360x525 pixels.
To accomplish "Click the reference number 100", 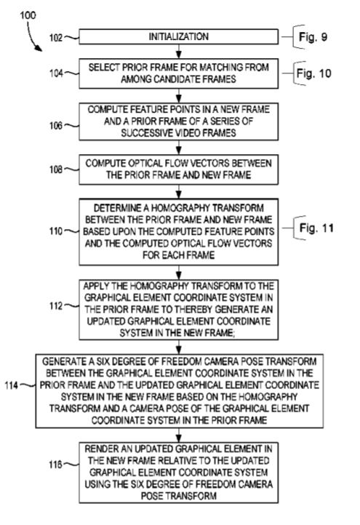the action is click(28, 15).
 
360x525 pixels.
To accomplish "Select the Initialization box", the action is click(178, 36).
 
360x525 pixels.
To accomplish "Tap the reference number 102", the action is click(56, 38).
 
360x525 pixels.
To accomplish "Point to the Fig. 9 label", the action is click(313, 37).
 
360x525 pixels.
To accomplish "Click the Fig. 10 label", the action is click(313, 73).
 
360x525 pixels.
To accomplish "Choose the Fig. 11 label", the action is click(316, 228).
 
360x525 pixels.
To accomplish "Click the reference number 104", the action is click(56, 73).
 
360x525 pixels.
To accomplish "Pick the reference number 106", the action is click(56, 126).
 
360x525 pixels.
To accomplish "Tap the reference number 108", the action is click(56, 169).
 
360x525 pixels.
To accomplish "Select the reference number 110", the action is click(56, 231).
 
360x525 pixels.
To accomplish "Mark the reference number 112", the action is click(56, 306).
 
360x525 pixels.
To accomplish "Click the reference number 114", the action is click(12, 385).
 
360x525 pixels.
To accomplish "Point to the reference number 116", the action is click(55, 465).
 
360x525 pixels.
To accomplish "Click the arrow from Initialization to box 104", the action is click(179, 52).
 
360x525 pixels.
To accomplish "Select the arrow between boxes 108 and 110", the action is click(179, 191).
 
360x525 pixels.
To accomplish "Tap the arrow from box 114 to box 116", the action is click(179, 435).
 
